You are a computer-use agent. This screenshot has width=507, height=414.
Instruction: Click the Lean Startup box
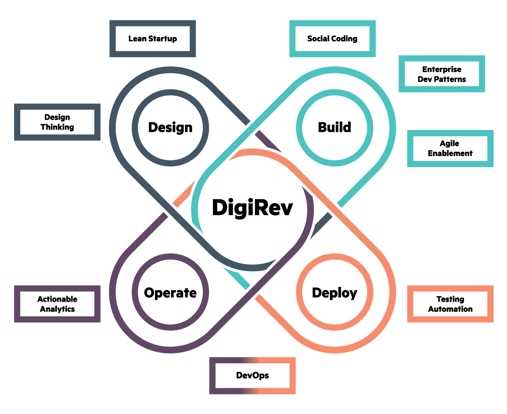(153, 39)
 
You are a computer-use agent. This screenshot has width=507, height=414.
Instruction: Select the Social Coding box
(332, 39)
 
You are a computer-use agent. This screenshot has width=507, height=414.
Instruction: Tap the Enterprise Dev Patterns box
(442, 74)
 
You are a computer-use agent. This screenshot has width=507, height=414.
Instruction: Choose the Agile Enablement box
(450, 148)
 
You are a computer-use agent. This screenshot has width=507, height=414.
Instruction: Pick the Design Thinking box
(57, 122)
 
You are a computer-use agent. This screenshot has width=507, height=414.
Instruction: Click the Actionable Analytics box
(57, 304)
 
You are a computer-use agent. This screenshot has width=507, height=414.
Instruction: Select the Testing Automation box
(450, 304)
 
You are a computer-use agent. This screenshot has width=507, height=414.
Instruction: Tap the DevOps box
(252, 376)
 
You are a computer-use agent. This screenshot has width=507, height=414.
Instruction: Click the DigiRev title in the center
(252, 208)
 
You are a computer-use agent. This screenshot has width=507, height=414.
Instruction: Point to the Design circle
(170, 128)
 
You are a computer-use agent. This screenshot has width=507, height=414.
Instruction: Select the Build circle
(334, 128)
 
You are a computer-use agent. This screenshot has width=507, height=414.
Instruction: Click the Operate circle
(170, 292)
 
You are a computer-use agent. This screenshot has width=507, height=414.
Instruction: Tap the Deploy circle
(334, 292)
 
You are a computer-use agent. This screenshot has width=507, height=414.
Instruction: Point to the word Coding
(344, 39)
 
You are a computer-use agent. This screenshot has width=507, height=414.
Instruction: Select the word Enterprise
(442, 69)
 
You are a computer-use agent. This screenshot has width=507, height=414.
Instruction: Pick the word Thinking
(57, 127)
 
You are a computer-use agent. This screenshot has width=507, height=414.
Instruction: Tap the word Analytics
(57, 309)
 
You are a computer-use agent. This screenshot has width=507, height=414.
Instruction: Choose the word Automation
(450, 309)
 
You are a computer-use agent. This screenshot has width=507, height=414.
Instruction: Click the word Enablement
(450, 154)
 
